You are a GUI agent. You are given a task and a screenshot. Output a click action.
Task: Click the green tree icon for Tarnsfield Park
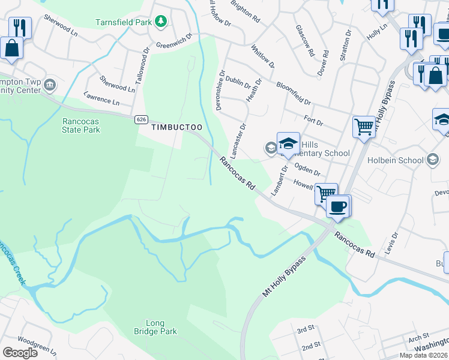point(160,22)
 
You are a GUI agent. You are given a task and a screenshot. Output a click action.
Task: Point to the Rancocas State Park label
point(81,125)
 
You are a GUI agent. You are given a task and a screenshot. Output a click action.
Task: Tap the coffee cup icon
point(338,206)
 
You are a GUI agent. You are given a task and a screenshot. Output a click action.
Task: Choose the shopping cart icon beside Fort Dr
point(363,127)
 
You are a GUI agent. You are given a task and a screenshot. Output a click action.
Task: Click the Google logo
point(20,352)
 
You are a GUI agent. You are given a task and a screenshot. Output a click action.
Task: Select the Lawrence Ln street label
point(101,99)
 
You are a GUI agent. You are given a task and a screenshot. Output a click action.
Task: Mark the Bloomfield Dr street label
point(293,94)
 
